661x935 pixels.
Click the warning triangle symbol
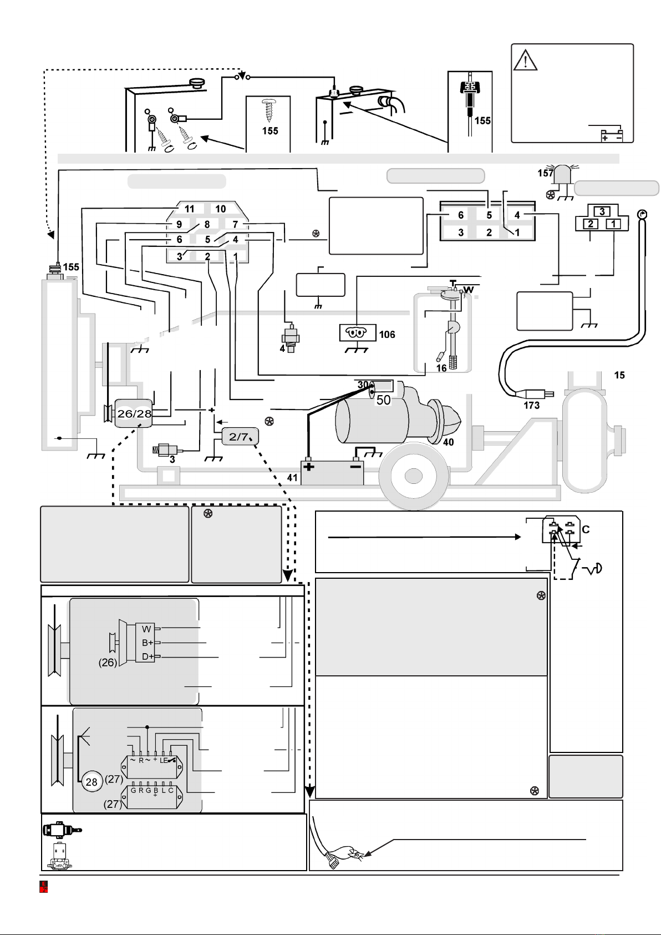[525, 60]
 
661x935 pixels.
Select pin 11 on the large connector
[189, 209]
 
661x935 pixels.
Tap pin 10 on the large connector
[220, 209]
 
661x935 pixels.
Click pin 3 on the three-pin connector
[602, 211]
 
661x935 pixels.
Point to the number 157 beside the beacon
[545, 173]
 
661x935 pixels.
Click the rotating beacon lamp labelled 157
[563, 175]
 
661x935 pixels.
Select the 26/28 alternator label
[134, 413]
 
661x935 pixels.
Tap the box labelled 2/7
[240, 437]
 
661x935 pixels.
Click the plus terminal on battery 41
[309, 467]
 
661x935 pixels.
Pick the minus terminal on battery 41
[355, 466]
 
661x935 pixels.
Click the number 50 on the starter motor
[383, 400]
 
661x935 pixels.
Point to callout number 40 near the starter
[448, 442]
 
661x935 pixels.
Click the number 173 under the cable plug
[532, 405]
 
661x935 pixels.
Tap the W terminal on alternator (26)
[146, 629]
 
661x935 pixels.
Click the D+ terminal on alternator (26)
[147, 656]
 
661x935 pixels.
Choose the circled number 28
[91, 782]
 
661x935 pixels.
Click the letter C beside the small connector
[586, 529]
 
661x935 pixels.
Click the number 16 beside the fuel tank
[441, 368]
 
